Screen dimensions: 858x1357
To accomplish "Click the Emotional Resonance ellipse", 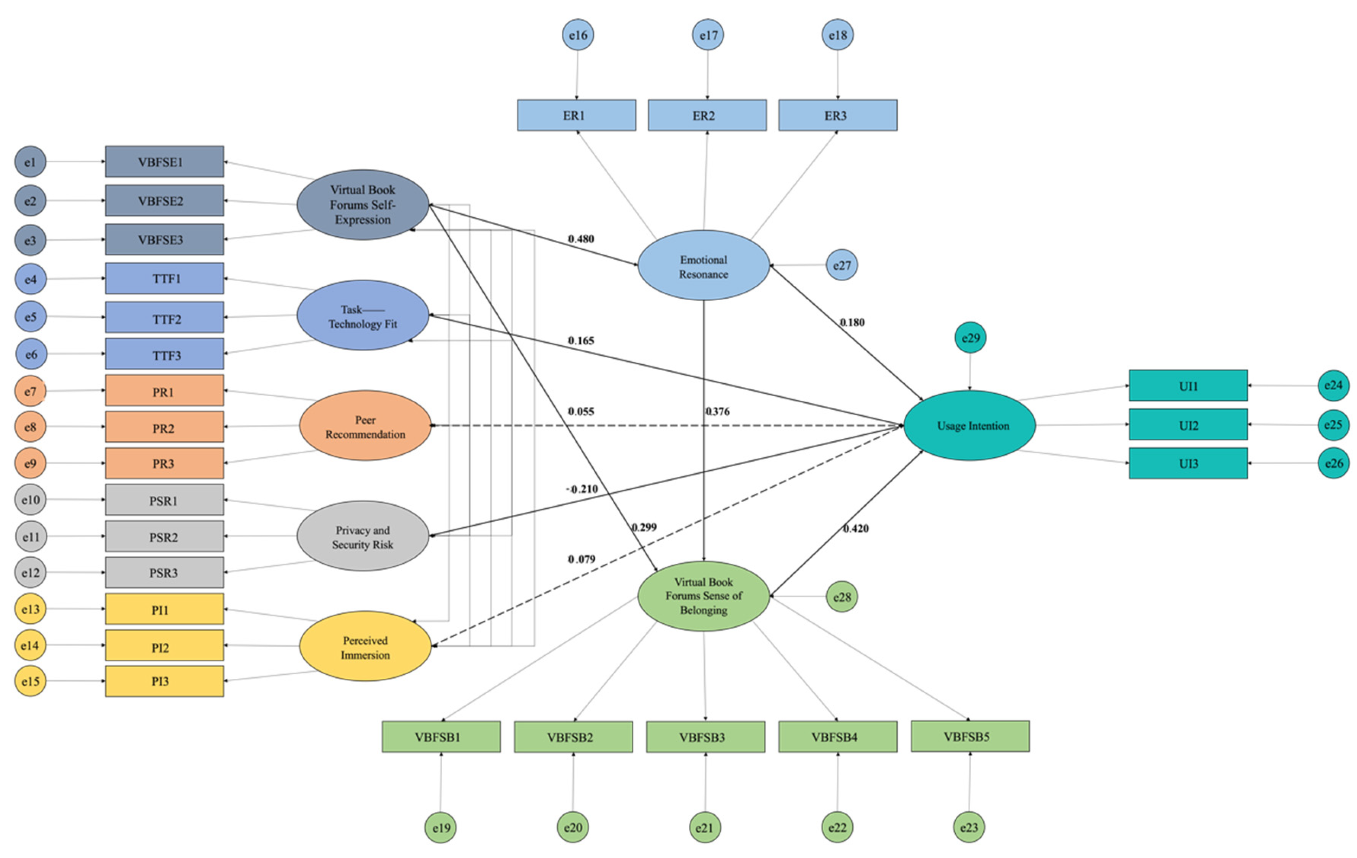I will (703, 265).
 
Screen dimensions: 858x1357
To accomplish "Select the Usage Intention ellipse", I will (969, 425).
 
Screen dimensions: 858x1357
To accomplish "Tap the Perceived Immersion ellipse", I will (365, 646).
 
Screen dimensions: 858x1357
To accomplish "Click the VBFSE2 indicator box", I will (164, 201).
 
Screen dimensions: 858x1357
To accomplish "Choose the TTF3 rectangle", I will (164, 355).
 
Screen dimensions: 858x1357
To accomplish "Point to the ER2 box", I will (707, 115).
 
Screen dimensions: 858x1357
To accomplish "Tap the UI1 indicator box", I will (1188, 386).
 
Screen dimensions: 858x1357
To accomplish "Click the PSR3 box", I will (164, 572).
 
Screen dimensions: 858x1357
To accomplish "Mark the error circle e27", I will (841, 265).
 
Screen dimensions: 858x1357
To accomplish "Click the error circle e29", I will (970, 338).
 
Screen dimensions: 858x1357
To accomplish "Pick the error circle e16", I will (577, 35).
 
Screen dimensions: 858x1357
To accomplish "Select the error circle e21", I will (705, 827).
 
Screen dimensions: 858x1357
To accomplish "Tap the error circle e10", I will (30, 500).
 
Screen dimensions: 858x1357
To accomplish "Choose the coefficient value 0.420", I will (855, 529).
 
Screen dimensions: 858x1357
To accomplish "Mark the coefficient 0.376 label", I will (718, 412).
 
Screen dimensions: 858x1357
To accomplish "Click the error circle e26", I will (1334, 463).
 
